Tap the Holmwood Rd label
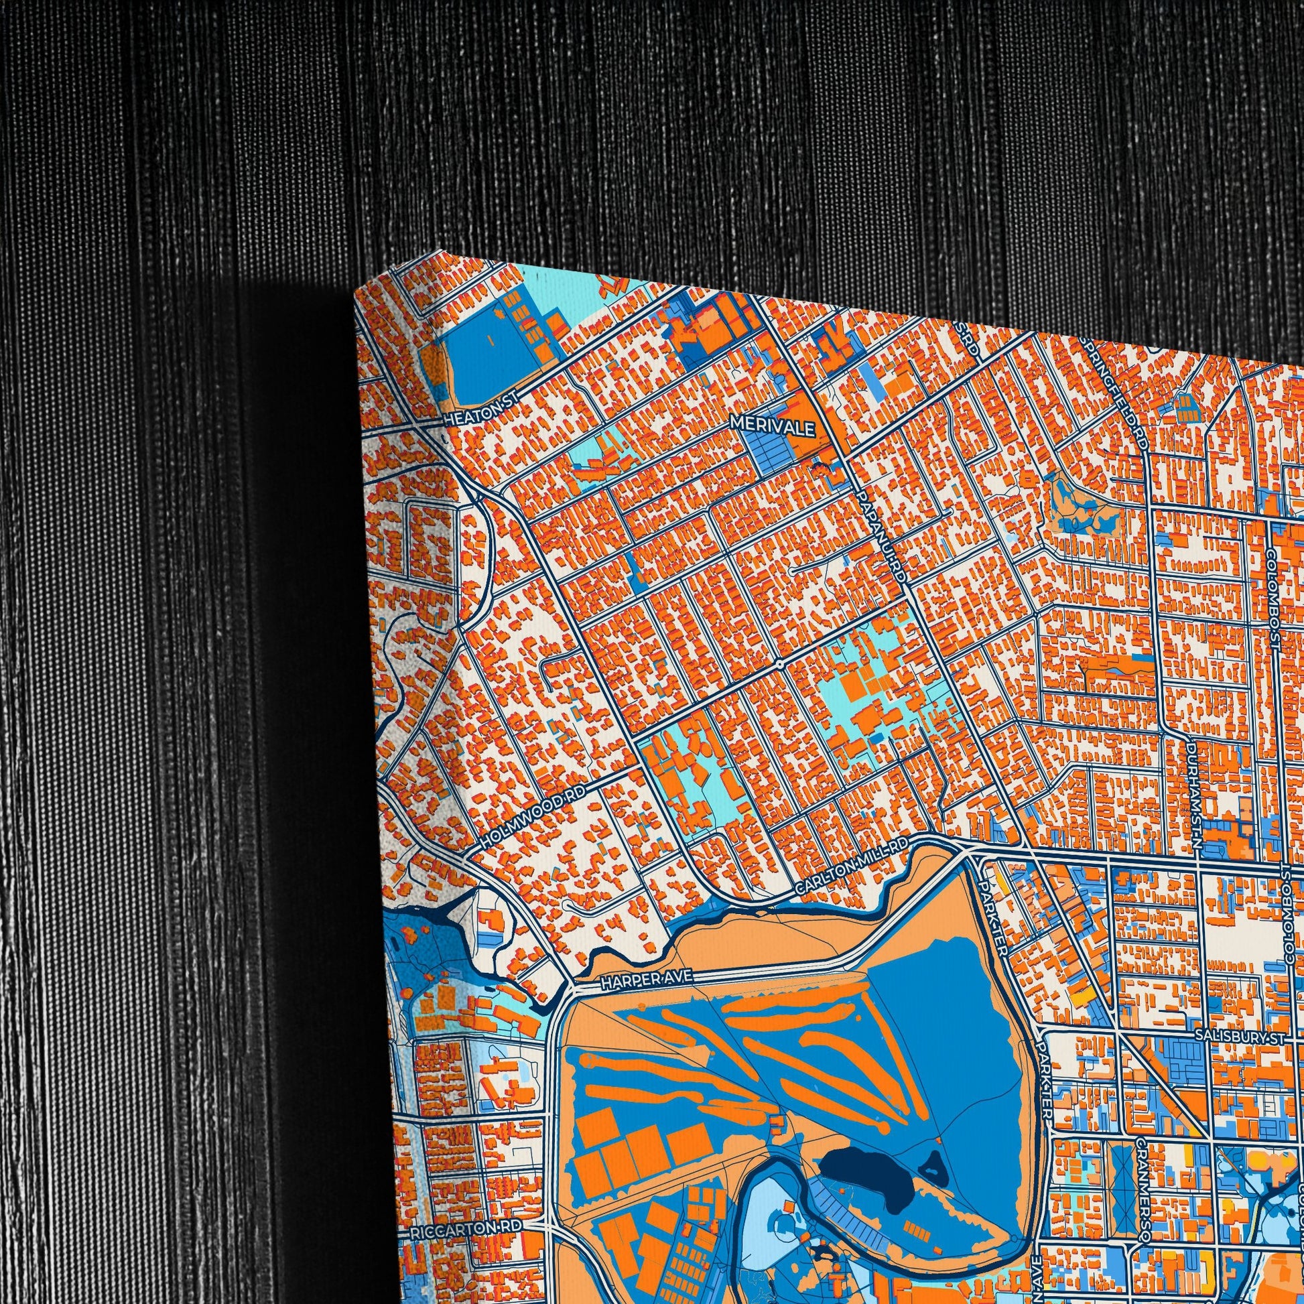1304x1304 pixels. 533,824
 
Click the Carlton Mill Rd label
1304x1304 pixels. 852,868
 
